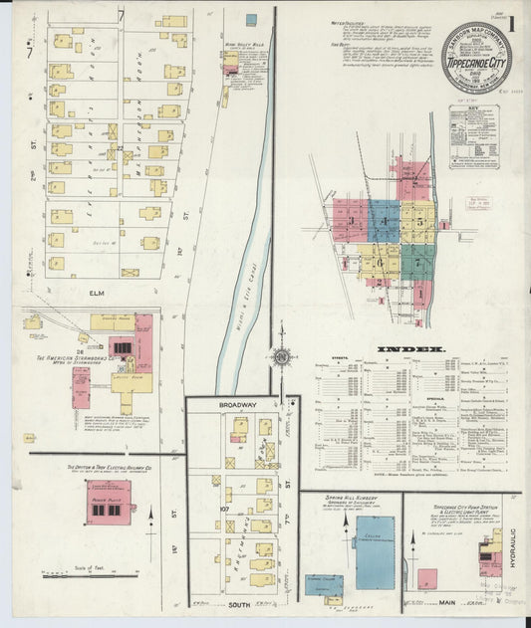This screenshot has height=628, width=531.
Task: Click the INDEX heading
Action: pos(409,349)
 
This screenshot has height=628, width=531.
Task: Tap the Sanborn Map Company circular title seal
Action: pos(473,59)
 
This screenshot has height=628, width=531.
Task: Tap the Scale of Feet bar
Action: pos(90,573)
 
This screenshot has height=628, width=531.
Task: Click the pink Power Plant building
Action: pos(111,503)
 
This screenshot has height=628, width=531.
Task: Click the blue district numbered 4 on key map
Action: pos(384,221)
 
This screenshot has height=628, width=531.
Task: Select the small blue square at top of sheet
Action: pos(251,19)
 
